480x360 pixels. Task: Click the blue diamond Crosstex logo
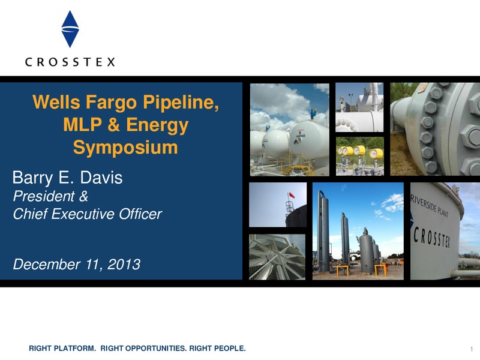pyautogui.click(x=70, y=29)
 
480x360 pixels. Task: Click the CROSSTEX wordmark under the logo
pyautogui.click(x=70, y=62)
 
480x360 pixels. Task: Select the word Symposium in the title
pyautogui.click(x=125, y=148)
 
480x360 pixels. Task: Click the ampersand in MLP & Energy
pyautogui.click(x=113, y=125)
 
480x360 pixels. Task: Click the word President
pyautogui.click(x=44, y=196)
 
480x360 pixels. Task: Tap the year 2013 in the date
pyautogui.click(x=124, y=264)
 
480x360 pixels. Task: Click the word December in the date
pyautogui.click(x=47, y=264)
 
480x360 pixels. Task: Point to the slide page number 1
pyautogui.click(x=472, y=349)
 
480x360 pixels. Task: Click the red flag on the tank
pyautogui.click(x=292, y=195)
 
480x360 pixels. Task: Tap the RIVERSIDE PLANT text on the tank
pyautogui.click(x=429, y=205)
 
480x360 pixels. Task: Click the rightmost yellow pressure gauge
pyautogui.click(x=377, y=153)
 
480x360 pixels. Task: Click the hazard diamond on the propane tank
pyautogui.click(x=296, y=142)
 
